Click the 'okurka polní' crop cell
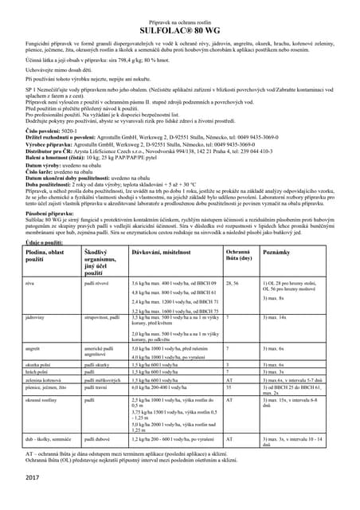click(40, 363)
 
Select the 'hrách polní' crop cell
click(38, 371)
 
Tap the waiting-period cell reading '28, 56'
click(233, 283)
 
